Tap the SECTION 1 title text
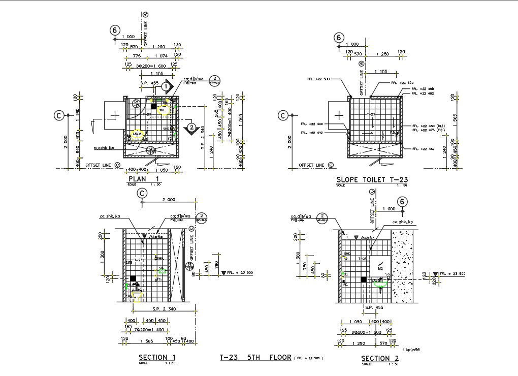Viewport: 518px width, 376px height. [157, 357]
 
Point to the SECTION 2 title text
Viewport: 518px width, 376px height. [380, 358]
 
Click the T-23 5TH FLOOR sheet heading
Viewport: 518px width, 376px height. [255, 357]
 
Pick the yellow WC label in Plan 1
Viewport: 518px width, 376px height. [161, 110]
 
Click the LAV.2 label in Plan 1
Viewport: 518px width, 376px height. [136, 134]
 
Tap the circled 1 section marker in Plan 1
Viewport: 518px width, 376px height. [166, 87]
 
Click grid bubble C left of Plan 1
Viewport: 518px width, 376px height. [59, 116]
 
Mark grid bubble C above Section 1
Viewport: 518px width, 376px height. [143, 193]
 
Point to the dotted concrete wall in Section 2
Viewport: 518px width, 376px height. [404, 267]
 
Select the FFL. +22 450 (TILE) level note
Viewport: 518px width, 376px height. [432, 126]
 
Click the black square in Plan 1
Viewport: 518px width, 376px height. [153, 106]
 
